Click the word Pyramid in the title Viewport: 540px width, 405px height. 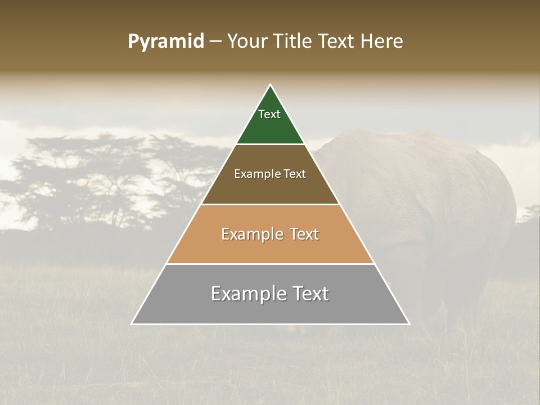(x=165, y=42)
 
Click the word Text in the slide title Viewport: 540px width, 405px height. (x=336, y=42)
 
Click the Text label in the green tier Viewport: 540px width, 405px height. (x=269, y=114)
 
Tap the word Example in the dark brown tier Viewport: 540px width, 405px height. (x=254, y=174)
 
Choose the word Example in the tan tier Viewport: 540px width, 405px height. (x=251, y=234)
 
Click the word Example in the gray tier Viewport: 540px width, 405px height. (x=247, y=294)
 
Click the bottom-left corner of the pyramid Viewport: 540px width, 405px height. (x=132, y=324)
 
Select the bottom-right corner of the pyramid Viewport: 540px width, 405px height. (x=408, y=324)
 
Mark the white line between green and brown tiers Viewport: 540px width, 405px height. (x=270, y=145)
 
